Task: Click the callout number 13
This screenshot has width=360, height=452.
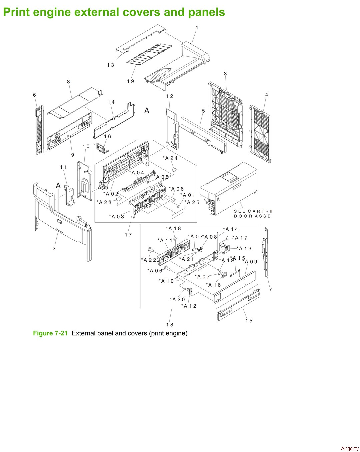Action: point(110,65)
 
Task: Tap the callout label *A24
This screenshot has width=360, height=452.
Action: point(170,158)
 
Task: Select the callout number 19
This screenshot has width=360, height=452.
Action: point(130,81)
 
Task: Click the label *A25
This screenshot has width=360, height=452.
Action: point(192,202)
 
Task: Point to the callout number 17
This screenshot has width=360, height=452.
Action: point(128,235)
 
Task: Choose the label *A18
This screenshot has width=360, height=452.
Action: point(173,228)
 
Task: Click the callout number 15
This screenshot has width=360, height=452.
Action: point(249,321)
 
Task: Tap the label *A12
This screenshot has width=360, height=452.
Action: point(189,306)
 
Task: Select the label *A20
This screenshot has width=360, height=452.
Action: point(177,299)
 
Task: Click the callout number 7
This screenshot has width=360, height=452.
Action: point(271,289)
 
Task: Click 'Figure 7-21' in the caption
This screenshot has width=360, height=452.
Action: point(50,333)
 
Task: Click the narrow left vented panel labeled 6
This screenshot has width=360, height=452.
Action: point(39,130)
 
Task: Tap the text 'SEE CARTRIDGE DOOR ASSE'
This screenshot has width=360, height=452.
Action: point(253,214)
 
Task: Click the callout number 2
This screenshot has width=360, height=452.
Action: point(54,248)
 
